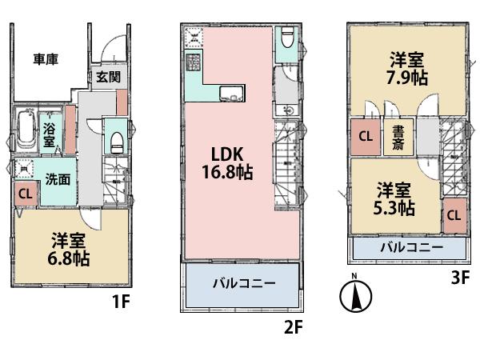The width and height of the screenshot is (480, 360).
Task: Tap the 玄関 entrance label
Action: [x=108, y=78]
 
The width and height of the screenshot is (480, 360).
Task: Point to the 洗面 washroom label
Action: [x=57, y=179]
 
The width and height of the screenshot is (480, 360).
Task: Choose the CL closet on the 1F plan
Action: [x=25, y=193]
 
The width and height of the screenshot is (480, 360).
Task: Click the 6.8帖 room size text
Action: [x=70, y=258]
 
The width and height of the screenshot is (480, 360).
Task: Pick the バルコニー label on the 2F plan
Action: [x=243, y=284]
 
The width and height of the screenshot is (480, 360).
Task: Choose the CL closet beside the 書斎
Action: [x=365, y=137]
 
